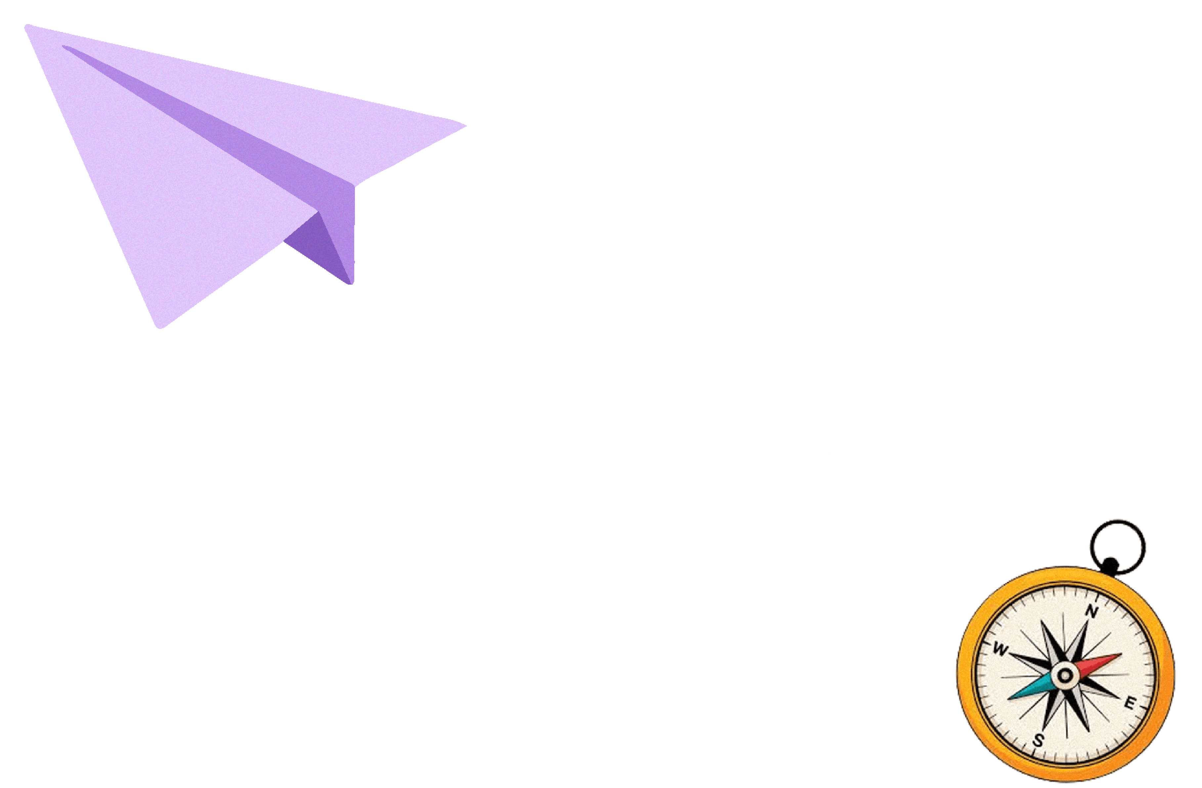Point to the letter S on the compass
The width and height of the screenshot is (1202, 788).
1038,740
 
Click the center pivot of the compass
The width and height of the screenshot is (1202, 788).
1065,675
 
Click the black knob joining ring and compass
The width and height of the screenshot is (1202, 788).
1110,565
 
